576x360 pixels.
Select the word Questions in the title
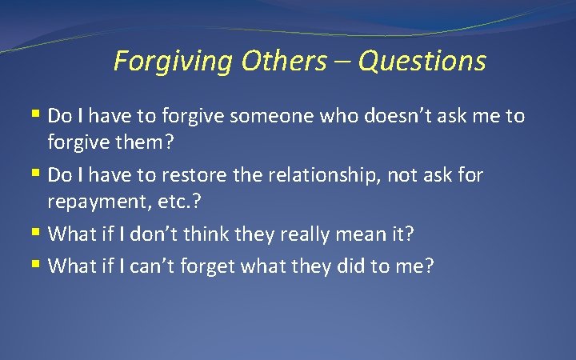click(x=422, y=61)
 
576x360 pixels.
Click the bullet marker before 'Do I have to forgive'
click(x=38, y=115)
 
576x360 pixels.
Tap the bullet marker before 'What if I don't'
click(x=38, y=234)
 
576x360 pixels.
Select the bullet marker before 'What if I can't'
click(x=38, y=264)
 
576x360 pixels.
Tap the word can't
click(x=150, y=265)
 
